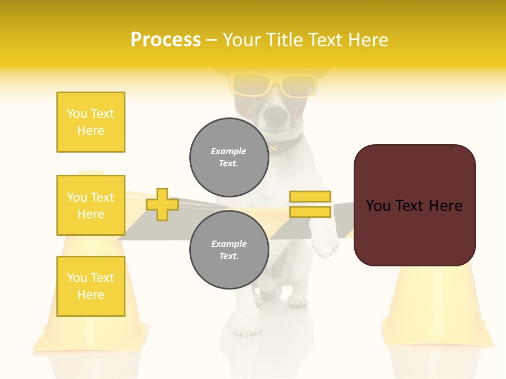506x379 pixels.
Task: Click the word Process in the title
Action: (166, 40)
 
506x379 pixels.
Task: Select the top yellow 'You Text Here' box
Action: (91, 122)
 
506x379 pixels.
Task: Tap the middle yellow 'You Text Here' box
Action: (91, 205)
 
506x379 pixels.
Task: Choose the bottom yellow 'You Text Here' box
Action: (91, 286)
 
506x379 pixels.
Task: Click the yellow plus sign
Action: (162, 204)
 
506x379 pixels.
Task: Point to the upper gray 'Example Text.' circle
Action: (229, 157)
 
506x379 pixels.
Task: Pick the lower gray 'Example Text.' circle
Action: (229, 250)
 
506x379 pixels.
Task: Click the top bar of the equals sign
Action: (310, 196)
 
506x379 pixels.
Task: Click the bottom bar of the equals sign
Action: (310, 212)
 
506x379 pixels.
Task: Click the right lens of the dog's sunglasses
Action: (298, 86)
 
